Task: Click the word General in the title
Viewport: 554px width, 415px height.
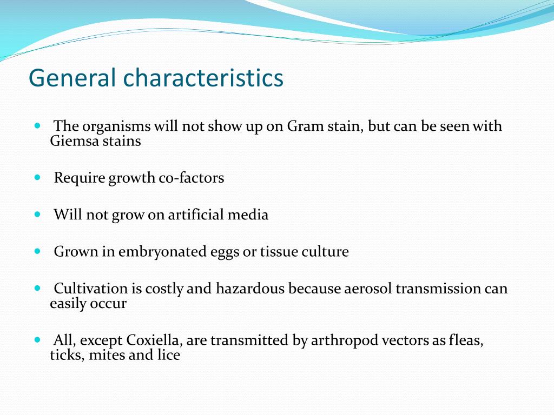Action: pyautogui.click(x=72, y=78)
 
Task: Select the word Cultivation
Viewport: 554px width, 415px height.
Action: pyautogui.click(x=91, y=289)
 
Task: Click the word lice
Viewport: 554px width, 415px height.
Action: pyautogui.click(x=169, y=356)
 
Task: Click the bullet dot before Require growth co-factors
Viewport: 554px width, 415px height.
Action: pyautogui.click(x=37, y=177)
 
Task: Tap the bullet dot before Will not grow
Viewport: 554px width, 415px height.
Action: pyautogui.click(x=37, y=214)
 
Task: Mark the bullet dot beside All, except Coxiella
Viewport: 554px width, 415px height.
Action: pyautogui.click(x=37, y=340)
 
